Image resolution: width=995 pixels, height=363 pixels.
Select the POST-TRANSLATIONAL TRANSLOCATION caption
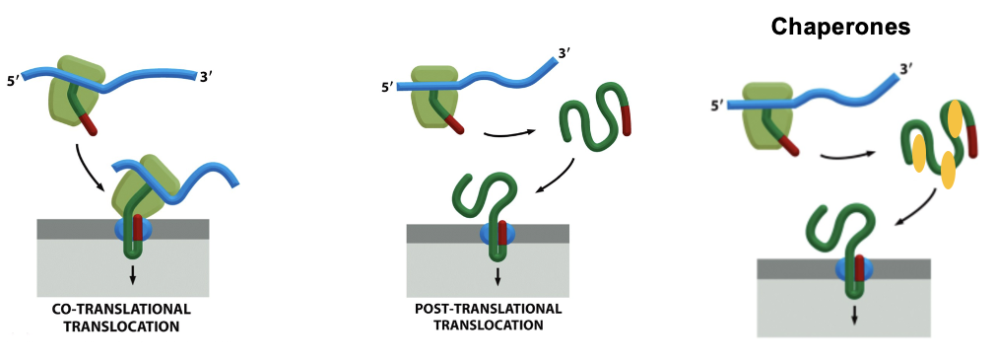pyautogui.click(x=488, y=316)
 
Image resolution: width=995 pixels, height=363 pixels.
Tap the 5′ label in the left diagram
pyautogui.click(x=14, y=80)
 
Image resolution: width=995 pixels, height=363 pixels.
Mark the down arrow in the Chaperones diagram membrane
pyautogui.click(x=853, y=314)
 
